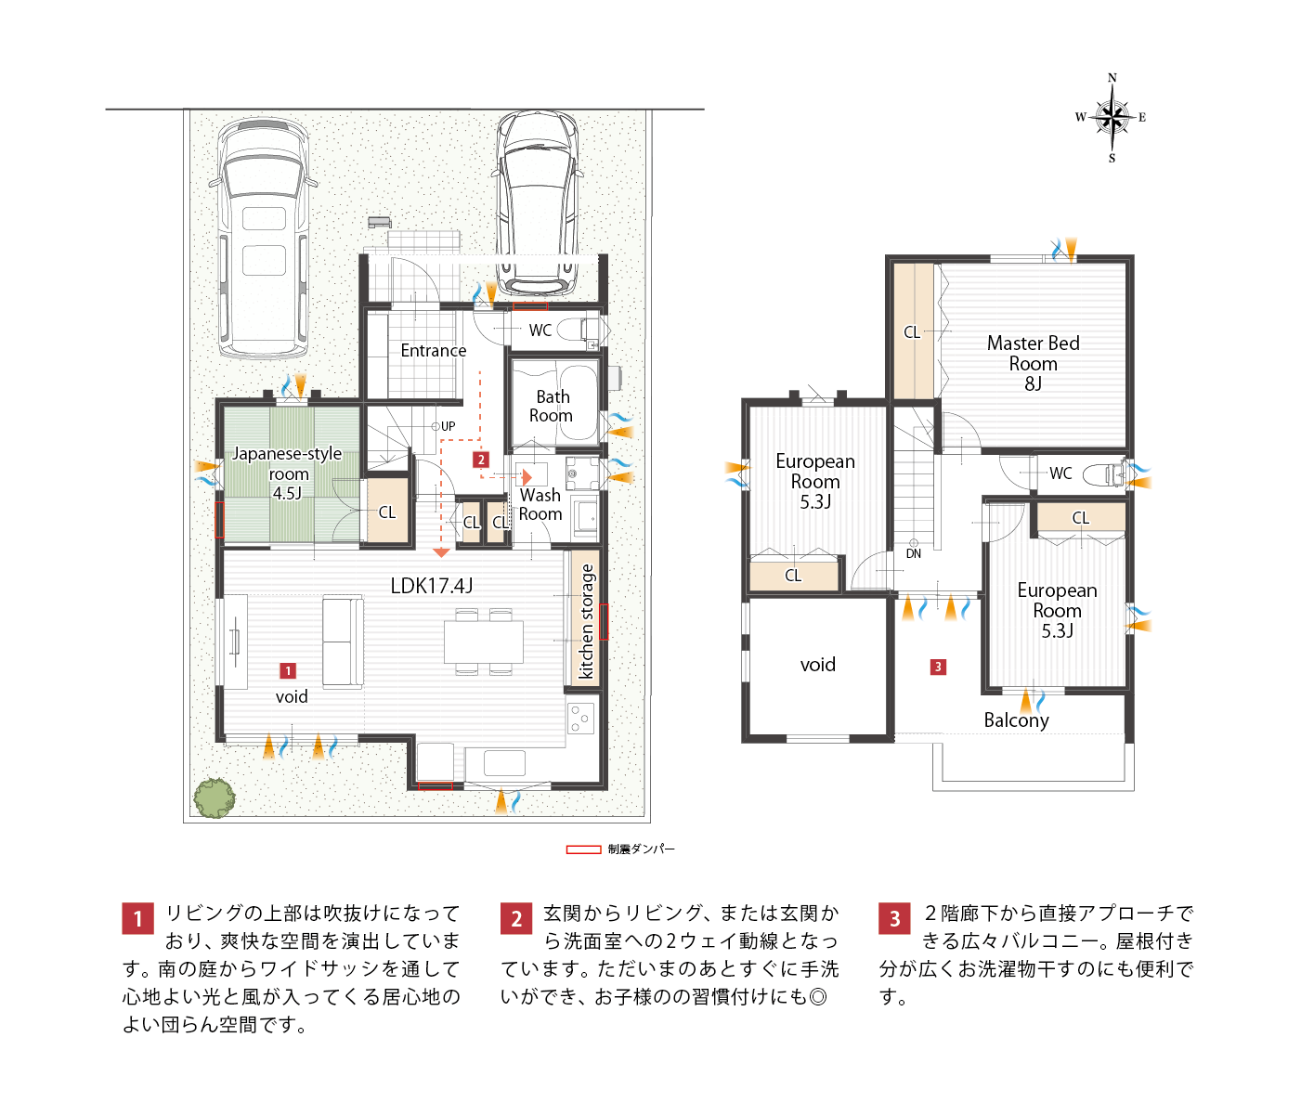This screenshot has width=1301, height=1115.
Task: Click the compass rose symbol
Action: coord(1112,118)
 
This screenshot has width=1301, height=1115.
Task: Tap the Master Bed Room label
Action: coord(1033,363)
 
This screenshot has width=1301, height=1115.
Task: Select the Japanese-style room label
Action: coord(288,473)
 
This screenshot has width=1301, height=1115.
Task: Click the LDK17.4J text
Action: coord(431,586)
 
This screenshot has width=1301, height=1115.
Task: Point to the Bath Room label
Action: coord(552,406)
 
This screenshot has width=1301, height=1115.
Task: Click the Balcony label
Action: coord(1016,720)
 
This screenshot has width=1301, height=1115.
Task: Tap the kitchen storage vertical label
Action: coord(586,621)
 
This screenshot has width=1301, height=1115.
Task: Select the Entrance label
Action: coord(433,351)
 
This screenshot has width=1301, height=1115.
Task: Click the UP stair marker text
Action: coord(448,426)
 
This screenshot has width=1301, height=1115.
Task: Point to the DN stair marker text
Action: coord(913,553)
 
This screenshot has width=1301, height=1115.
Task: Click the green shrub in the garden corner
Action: coord(215,798)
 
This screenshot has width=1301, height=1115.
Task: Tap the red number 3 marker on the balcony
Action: coord(938,667)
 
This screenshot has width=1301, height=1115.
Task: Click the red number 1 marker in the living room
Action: coord(288,670)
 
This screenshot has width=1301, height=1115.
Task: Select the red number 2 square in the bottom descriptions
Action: coord(516,919)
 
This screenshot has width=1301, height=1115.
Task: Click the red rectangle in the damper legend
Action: coord(583,849)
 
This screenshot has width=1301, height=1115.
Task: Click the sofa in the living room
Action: coord(343,642)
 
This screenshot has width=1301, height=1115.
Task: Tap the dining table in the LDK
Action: coord(484,642)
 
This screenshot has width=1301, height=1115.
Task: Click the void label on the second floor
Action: coord(817,665)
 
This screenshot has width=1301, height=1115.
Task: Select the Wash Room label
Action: coord(540,505)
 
